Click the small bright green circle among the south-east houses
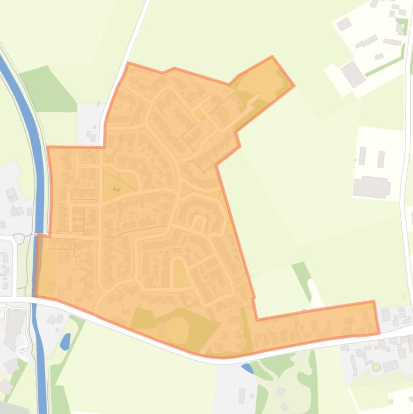[376, 367]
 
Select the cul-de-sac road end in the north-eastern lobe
[257, 97]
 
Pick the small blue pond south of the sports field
[248, 368]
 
